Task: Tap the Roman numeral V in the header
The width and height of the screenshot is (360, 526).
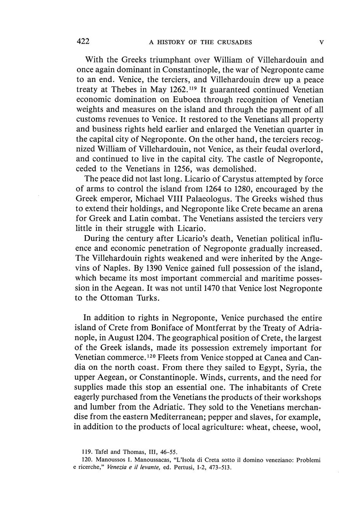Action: (x=321, y=42)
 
